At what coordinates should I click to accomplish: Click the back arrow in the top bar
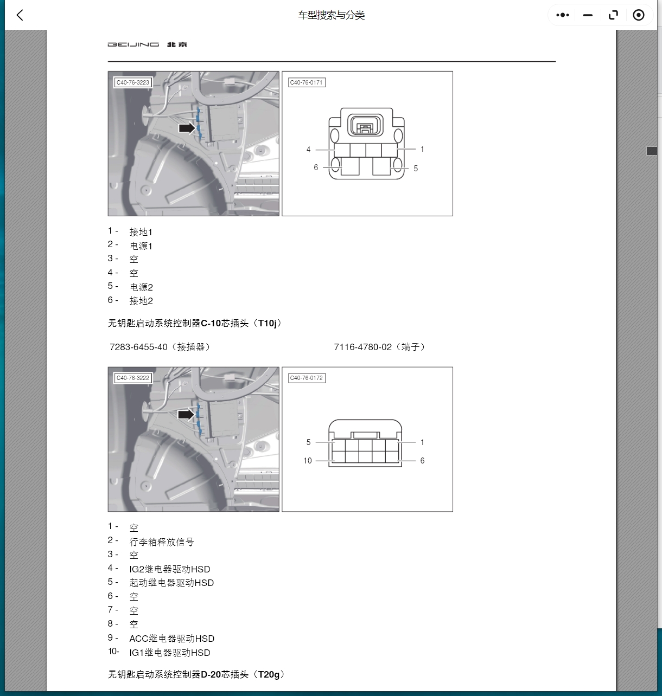(x=20, y=15)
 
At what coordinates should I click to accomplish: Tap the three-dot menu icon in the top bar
(x=563, y=15)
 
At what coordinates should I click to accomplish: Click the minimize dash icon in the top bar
(x=588, y=15)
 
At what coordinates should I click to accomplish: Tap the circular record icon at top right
(x=639, y=15)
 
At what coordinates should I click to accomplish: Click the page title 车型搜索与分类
(x=331, y=15)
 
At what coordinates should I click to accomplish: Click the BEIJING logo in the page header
(x=147, y=44)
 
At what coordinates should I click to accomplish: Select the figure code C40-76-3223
(x=132, y=83)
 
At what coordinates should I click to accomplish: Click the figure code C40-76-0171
(x=307, y=83)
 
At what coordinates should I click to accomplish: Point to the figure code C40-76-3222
(x=132, y=378)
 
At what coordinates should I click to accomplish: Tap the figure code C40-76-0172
(x=307, y=378)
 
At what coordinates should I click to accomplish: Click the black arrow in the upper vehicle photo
(x=187, y=128)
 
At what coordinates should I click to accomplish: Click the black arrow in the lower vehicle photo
(x=186, y=415)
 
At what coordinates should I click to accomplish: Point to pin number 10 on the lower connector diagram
(x=308, y=461)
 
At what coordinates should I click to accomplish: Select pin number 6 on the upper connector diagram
(x=316, y=167)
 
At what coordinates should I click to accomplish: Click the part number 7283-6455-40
(x=138, y=347)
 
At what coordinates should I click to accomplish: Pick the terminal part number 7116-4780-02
(x=362, y=347)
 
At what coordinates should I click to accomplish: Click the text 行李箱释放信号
(x=162, y=542)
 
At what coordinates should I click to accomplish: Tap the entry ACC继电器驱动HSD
(x=171, y=639)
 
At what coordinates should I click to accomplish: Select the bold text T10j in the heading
(x=268, y=323)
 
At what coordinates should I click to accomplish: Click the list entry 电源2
(x=141, y=287)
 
